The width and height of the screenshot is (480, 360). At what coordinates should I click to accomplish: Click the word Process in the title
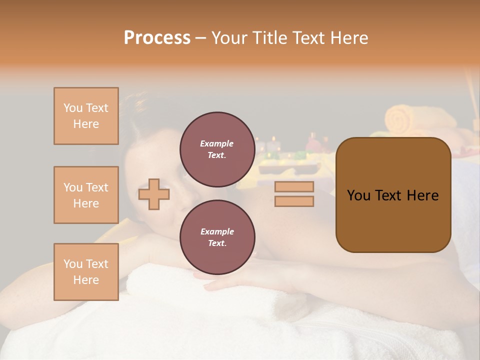(157, 38)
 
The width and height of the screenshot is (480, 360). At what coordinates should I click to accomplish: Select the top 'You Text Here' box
(86, 116)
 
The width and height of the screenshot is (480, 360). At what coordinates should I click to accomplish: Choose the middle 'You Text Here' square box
(86, 195)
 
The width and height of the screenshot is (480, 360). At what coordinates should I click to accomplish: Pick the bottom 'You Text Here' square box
(86, 271)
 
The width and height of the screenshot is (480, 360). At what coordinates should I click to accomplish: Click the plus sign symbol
(154, 194)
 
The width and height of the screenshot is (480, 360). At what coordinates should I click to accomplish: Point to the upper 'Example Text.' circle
(217, 149)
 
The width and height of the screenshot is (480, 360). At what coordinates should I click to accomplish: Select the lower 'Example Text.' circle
(217, 237)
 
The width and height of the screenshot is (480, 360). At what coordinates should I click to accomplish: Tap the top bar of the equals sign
(294, 186)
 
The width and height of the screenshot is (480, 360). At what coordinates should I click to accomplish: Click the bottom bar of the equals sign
(294, 201)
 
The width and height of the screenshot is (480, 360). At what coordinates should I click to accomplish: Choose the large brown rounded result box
(393, 195)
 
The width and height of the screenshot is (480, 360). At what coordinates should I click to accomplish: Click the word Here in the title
(348, 38)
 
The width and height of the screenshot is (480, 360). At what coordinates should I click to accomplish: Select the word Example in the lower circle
(217, 231)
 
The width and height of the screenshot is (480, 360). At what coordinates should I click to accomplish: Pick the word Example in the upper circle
(217, 143)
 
